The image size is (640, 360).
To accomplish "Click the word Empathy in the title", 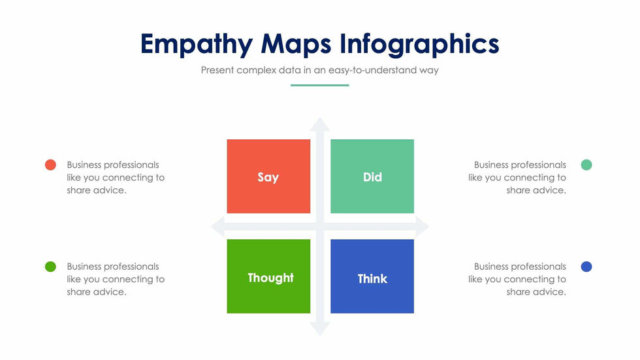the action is [197, 44].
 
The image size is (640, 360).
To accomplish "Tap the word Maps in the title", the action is [296, 44].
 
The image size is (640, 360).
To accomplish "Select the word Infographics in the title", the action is [419, 44].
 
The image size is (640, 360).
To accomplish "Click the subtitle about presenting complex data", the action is [319, 70].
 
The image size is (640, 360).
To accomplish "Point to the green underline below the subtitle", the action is [319, 86].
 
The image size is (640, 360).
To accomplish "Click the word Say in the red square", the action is [268, 177].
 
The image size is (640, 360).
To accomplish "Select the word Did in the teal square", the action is [372, 177].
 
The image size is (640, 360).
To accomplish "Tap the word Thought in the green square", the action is [270, 278].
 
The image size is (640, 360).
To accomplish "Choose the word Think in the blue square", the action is [372, 279].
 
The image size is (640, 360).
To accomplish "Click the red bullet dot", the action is [50, 165].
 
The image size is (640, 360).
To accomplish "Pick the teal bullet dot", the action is [586, 165].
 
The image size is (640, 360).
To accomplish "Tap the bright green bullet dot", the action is [50, 267].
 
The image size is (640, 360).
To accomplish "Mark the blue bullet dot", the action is [586, 267].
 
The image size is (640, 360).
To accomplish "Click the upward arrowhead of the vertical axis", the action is [319, 124].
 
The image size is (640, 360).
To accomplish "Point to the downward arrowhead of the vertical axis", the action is [319, 329].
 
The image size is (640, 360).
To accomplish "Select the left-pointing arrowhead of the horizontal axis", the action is [217, 227].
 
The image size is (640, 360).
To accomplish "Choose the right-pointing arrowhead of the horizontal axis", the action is [422, 227].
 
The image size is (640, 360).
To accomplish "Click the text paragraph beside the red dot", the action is [116, 178].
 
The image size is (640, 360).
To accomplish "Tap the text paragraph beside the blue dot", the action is [517, 279].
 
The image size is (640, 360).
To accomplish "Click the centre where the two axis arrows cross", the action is [320, 227].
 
